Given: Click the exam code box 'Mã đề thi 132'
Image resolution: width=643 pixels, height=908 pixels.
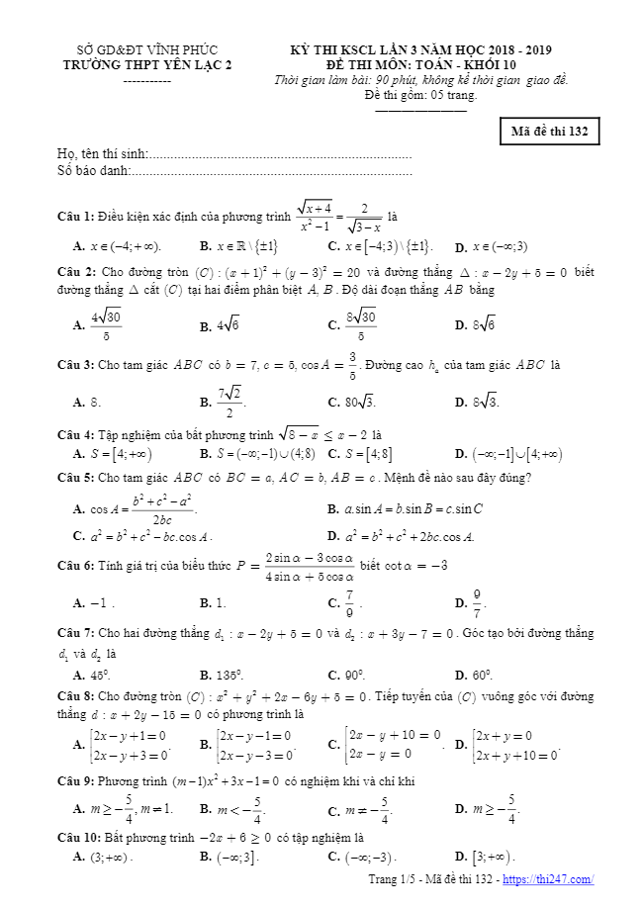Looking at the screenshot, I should click(x=549, y=131).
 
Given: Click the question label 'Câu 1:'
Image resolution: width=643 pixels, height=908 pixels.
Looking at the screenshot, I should click(x=76, y=216).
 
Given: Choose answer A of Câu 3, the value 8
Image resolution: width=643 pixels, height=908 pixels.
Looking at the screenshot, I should click(x=89, y=403).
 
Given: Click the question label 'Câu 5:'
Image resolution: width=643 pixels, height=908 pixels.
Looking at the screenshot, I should click(x=76, y=478).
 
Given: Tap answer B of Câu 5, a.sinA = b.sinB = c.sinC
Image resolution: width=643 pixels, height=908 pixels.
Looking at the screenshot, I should click(x=406, y=509).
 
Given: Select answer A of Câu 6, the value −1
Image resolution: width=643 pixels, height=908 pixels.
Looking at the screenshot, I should click(x=95, y=601).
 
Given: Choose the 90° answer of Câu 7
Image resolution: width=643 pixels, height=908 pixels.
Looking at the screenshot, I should click(x=346, y=676).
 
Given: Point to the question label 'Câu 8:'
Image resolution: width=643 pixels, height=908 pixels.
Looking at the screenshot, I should click(x=76, y=695).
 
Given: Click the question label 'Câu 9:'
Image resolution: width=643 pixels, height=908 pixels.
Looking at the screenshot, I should click(x=76, y=781).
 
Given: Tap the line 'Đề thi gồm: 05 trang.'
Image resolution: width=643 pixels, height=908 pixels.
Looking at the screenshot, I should click(x=420, y=96).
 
